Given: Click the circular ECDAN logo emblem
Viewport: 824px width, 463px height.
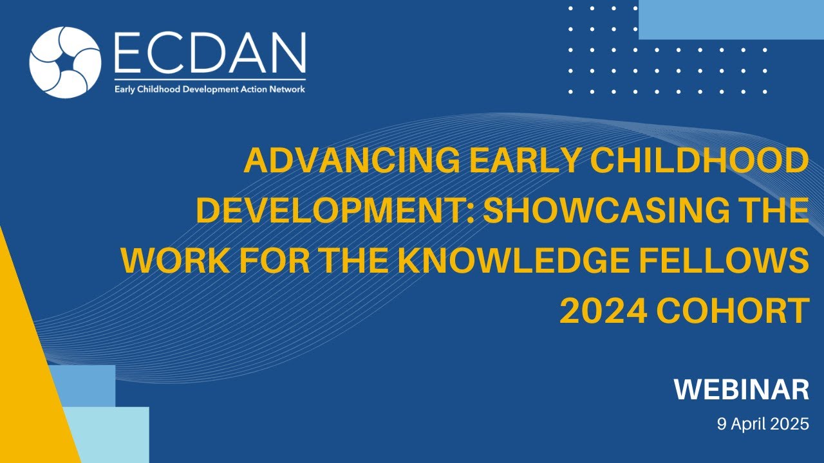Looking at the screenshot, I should [x=65, y=62].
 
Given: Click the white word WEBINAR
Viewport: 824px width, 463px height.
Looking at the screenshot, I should [x=741, y=390].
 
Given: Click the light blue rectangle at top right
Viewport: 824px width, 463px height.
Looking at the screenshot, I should [x=731, y=19].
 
